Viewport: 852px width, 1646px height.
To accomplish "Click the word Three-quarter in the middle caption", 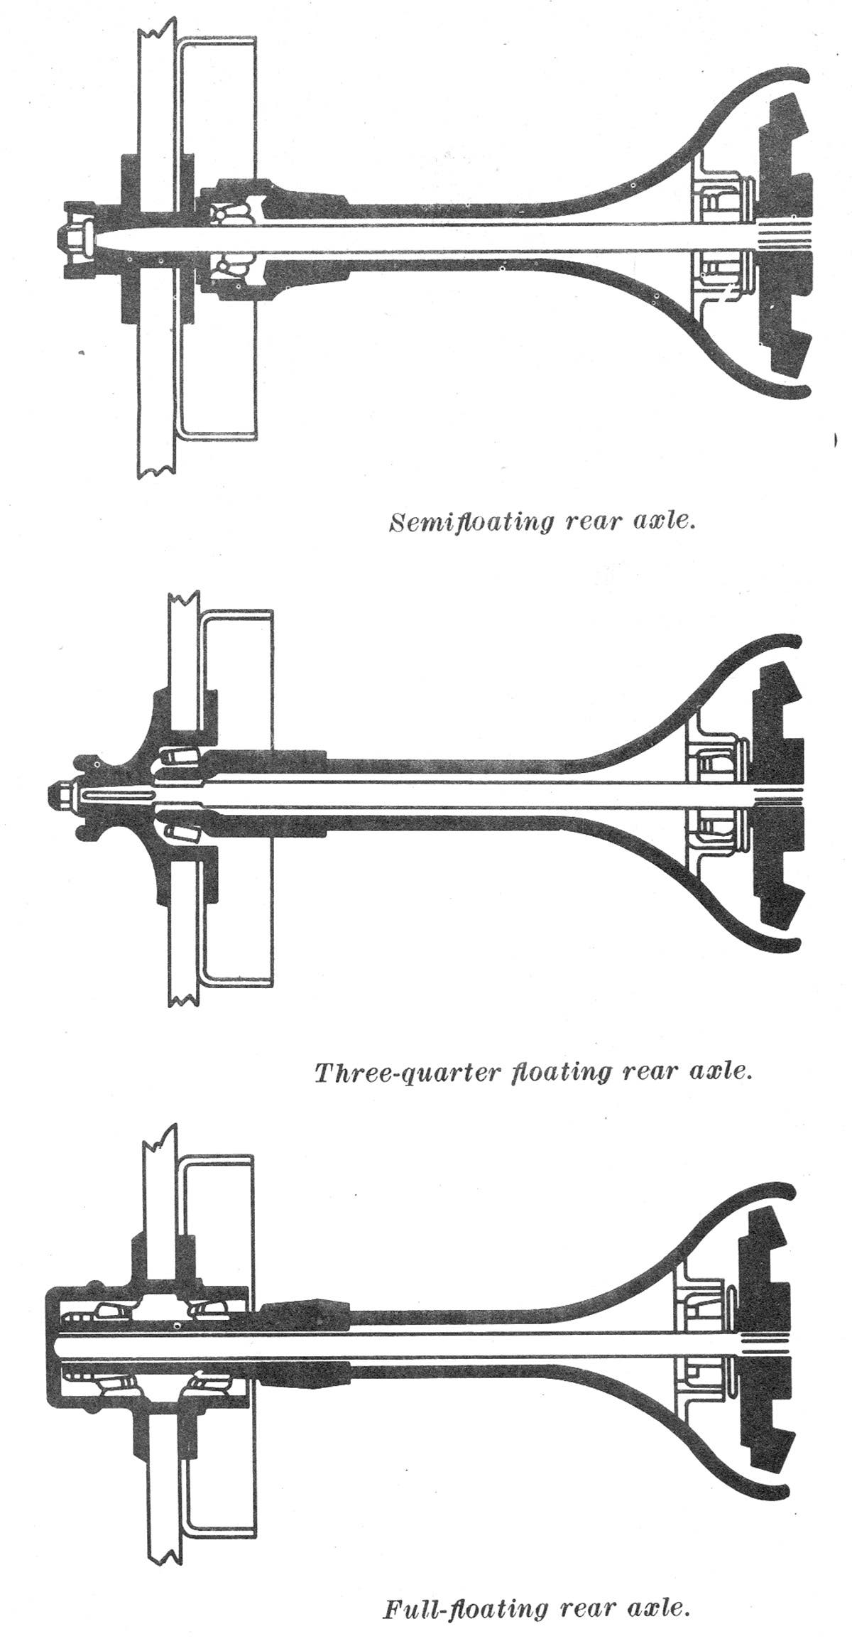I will tap(408, 1071).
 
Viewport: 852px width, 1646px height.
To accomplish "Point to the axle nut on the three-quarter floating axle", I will tap(62, 793).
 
